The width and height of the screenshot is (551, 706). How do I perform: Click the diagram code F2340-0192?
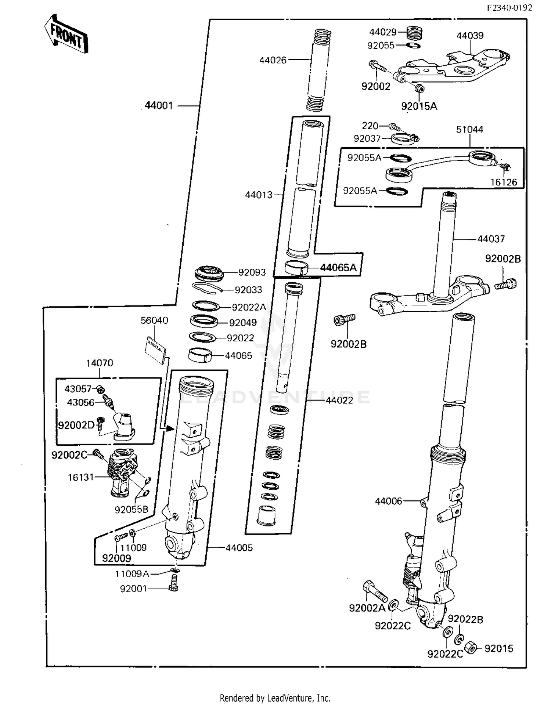click(x=509, y=8)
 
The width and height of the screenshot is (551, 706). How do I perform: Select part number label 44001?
click(x=159, y=106)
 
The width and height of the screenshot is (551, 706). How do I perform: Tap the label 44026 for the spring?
click(x=273, y=60)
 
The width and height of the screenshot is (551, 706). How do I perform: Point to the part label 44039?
click(x=470, y=36)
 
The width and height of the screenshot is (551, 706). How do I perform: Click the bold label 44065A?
click(x=338, y=268)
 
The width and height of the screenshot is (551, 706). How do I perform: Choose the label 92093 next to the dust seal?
click(x=252, y=272)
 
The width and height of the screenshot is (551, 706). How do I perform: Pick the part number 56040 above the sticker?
click(x=154, y=321)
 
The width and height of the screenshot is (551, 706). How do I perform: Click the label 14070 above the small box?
click(x=99, y=363)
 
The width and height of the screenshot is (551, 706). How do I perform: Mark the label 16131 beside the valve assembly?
click(x=81, y=477)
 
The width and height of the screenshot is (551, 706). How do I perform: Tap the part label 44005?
click(x=239, y=548)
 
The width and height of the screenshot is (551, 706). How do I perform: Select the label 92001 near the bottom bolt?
click(x=133, y=589)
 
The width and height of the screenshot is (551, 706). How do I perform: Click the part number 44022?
click(x=339, y=400)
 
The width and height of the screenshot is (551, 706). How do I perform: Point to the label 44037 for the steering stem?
click(x=491, y=239)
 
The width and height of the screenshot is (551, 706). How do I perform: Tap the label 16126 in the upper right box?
click(x=504, y=182)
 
